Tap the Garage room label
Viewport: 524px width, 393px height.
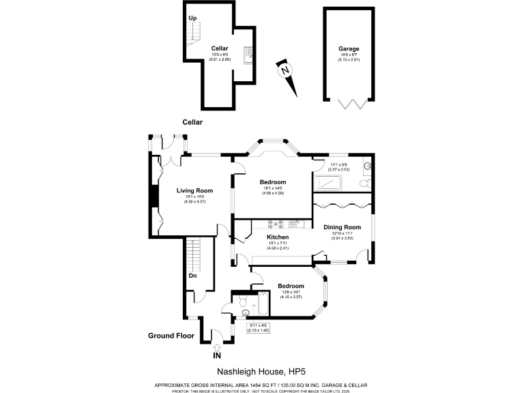pos(349,48)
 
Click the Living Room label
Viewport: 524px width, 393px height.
pos(194,190)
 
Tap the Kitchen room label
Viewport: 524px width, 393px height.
pos(278,237)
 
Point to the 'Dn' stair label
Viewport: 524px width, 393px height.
pos(193,276)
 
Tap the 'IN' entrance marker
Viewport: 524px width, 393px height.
pos(217,355)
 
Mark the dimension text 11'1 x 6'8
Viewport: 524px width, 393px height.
pos(339,164)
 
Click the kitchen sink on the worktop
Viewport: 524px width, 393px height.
pos(293,223)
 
